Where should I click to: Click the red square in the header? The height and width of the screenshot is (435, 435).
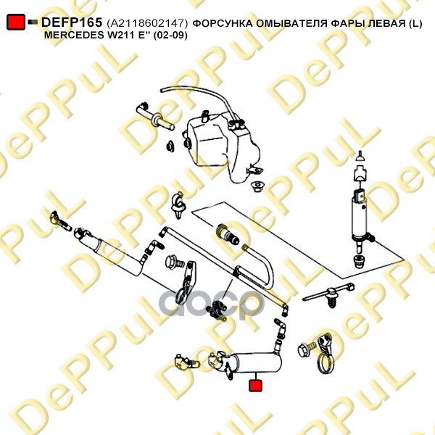16,22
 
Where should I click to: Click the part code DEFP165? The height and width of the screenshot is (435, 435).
72,22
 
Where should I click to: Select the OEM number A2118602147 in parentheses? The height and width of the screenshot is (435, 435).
147,23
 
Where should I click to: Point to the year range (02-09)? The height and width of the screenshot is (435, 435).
170,36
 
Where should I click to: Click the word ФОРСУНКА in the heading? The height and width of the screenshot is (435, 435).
223,24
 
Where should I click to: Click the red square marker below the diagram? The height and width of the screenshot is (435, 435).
255,386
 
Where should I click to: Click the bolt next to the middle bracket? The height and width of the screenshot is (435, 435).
174,262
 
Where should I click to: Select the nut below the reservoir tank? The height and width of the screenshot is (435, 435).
257,186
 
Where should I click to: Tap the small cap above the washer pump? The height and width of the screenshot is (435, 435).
360,157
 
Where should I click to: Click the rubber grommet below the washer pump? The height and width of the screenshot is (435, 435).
359,262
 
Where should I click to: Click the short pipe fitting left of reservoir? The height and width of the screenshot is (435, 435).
155,119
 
